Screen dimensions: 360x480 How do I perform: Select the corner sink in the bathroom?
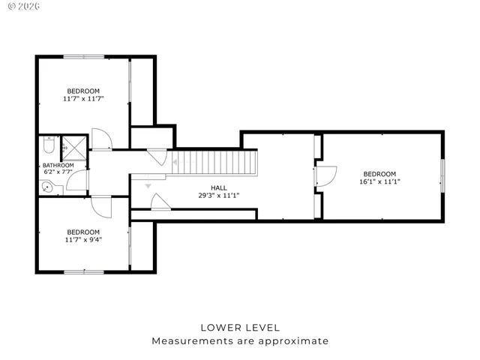(47, 187)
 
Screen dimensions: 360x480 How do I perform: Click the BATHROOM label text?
(58, 165)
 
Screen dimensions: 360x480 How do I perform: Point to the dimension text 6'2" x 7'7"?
(58, 172)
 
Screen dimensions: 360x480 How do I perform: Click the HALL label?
(218, 187)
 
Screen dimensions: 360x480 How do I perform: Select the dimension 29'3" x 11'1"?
(218, 196)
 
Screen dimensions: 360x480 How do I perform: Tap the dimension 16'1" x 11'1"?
(380, 181)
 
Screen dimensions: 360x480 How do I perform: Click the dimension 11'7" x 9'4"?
(82, 240)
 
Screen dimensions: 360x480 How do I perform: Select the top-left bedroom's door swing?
(101, 139)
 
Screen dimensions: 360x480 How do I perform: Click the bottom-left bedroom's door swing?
(100, 205)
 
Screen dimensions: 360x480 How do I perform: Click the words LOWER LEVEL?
(240, 327)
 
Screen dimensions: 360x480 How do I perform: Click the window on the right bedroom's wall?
(442, 176)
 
